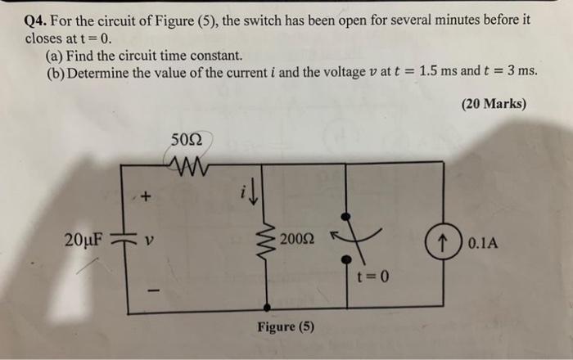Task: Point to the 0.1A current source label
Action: point(487,243)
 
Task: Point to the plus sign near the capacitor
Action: point(147,196)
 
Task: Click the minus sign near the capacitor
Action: point(148,290)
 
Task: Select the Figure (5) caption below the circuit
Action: point(286,327)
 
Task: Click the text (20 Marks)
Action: point(494,105)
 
